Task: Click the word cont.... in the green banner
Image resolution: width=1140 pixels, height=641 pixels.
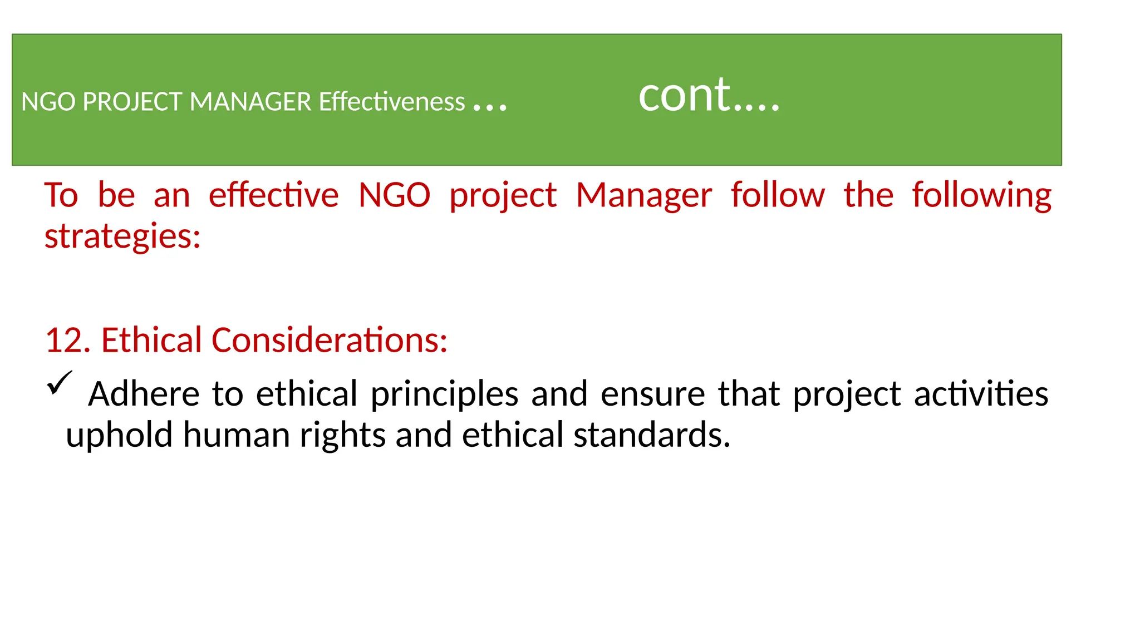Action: coord(709,95)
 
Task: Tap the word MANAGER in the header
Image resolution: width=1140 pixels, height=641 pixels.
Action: coord(250,102)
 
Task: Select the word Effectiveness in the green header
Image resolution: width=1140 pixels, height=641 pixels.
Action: coord(392,102)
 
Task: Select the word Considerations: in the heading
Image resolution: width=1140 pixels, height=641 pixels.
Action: coord(330,340)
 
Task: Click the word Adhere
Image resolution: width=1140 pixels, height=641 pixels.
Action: coord(144,394)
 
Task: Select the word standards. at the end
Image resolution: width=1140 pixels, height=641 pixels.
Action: coord(652,435)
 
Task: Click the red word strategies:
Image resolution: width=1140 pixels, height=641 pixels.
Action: coord(122,236)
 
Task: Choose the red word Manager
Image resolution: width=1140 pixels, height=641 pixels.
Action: coord(643,196)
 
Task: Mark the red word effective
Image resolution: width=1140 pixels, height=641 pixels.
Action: coord(273,195)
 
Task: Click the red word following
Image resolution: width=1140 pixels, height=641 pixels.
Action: coord(981,196)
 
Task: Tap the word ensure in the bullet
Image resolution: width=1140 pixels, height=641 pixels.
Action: coord(653,394)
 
